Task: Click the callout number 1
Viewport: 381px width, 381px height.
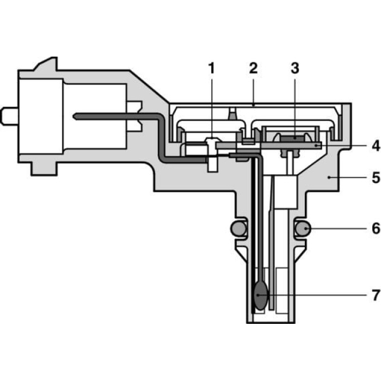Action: (212, 69)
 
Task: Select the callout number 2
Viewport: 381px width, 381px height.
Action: (253, 69)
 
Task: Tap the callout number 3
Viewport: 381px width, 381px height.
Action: (294, 69)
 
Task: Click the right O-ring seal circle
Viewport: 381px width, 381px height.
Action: (303, 229)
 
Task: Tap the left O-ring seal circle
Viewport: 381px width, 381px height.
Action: (237, 229)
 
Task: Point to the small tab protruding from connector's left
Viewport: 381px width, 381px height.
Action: (9, 115)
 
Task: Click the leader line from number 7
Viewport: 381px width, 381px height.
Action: (316, 296)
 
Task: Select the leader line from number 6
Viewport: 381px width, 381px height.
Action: (337, 229)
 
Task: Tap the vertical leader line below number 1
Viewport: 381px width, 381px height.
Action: (212, 109)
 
